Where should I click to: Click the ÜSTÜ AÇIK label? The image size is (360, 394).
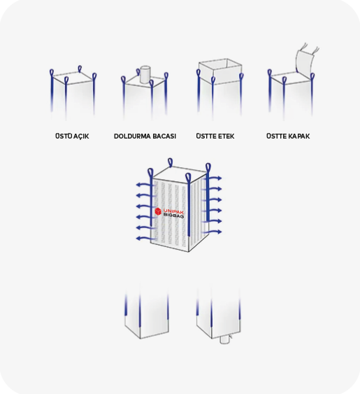pos(72,136)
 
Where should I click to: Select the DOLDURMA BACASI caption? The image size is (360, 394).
pos(145,136)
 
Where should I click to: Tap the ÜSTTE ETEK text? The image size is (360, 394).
pos(215,136)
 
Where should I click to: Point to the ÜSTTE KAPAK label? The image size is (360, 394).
pos(288,136)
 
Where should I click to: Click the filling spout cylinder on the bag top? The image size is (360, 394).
pos(145,74)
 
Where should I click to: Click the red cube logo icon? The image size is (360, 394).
pos(158,211)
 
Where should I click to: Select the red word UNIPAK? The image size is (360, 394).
pos(173,211)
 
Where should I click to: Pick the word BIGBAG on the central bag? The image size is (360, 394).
pos(173,216)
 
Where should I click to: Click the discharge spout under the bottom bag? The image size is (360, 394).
pos(224,340)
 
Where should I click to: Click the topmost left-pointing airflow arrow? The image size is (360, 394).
pos(146,185)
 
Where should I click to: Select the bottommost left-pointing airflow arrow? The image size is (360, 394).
pos(146,239)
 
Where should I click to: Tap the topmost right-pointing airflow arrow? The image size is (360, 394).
pos(213,178)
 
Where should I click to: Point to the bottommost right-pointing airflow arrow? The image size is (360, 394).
pos(213,232)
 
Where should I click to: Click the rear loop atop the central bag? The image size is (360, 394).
pos(170,162)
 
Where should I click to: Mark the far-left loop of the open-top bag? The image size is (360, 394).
pos(52,73)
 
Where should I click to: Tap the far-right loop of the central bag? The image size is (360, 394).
pos(208,168)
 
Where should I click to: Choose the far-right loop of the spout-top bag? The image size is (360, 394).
pos(166,76)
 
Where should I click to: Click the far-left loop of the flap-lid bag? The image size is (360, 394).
pos(269,73)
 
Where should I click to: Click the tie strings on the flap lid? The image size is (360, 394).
pos(310,48)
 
